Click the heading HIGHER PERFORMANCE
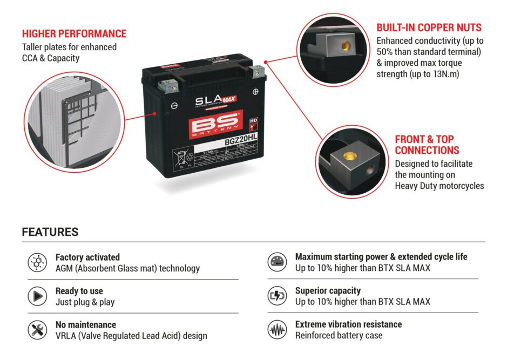(x=74, y=34)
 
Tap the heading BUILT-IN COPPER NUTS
(x=429, y=28)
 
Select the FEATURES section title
(x=50, y=232)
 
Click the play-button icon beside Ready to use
(x=37, y=296)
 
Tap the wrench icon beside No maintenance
(x=37, y=330)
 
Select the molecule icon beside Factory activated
(x=37, y=262)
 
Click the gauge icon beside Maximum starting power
(x=277, y=262)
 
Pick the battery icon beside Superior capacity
(x=277, y=296)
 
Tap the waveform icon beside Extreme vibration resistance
(x=277, y=329)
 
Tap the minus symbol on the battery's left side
(x=174, y=106)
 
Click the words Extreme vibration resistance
(x=348, y=324)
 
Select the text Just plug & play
(x=85, y=302)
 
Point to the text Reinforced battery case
(x=339, y=335)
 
